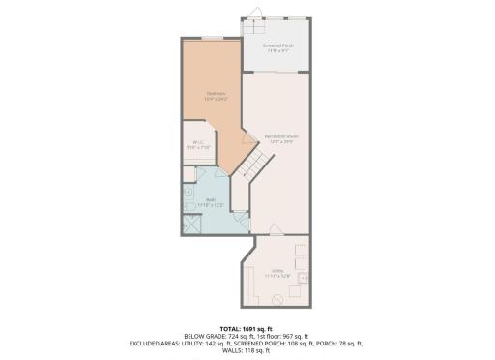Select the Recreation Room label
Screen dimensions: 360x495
279,137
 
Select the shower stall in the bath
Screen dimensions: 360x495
191,225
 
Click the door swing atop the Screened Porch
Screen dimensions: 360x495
253,13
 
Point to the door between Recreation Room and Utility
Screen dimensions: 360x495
275,229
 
